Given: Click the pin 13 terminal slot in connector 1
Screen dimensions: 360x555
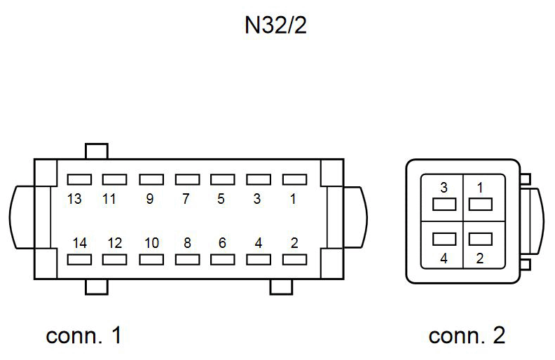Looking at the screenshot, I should point(78,180).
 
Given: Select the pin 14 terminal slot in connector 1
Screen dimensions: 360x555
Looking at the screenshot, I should point(78,260).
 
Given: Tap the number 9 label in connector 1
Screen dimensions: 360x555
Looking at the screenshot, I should point(149,199).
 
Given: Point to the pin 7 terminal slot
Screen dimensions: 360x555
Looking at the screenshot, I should point(186,180).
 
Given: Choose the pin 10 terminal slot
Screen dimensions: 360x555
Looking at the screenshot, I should point(151,260).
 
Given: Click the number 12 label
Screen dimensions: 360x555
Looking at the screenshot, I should point(115,243).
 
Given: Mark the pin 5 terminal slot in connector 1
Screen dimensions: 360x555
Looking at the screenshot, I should point(222,180).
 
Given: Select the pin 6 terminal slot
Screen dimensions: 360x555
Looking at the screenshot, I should point(222,260).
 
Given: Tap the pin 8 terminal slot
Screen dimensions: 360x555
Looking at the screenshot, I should point(186,260).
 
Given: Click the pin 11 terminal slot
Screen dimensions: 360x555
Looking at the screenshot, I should point(114,180).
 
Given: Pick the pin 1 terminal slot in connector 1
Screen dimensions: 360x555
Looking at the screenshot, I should point(294,180).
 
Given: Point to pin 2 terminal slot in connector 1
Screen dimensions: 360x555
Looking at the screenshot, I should point(294,260).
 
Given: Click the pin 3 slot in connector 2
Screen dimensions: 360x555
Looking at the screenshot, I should point(444,205).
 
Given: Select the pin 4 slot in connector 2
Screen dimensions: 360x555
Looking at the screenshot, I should point(444,239).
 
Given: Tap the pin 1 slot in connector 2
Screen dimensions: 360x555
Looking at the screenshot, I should point(480,205).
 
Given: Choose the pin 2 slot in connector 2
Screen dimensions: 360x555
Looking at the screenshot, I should point(480,239).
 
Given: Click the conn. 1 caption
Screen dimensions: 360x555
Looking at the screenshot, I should point(84,335).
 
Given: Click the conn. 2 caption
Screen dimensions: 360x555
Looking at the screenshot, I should point(467,335).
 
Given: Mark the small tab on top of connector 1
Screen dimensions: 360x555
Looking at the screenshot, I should point(96,151).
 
